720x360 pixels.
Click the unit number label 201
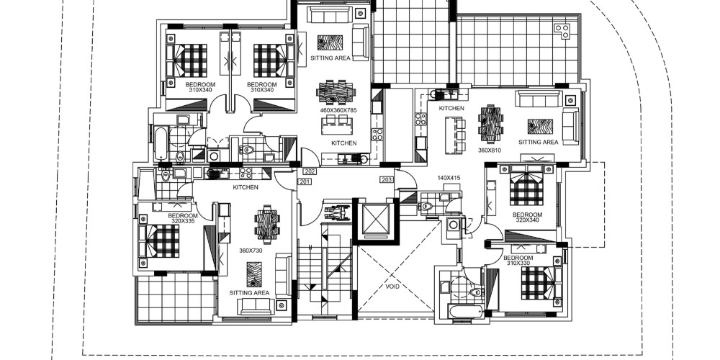pyautogui.click(x=305, y=182)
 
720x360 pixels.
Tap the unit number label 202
pyautogui.click(x=310, y=172)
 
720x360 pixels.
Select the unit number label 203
pyautogui.click(x=386, y=179)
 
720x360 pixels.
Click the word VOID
pyautogui.click(x=392, y=287)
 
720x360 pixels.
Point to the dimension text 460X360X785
pyautogui.click(x=338, y=110)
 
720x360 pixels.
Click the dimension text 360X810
pyautogui.click(x=490, y=150)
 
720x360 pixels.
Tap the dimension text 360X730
pyautogui.click(x=251, y=251)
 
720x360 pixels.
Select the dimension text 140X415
pyautogui.click(x=449, y=178)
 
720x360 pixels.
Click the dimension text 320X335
pyautogui.click(x=183, y=221)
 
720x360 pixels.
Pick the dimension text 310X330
pyautogui.click(x=518, y=263)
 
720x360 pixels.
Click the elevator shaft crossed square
pyautogui.click(x=376, y=219)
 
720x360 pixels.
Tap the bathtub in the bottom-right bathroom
pyautogui.click(x=466, y=311)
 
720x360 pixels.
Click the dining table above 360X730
pyautogui.click(x=267, y=225)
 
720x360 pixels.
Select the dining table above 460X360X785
pyautogui.click(x=336, y=92)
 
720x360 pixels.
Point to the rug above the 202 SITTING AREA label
pyautogui.click(x=330, y=42)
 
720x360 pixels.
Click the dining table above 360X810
pyautogui.click(x=491, y=125)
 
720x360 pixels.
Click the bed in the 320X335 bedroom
pyautogui.click(x=161, y=240)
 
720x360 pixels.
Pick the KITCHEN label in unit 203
pyautogui.click(x=451, y=109)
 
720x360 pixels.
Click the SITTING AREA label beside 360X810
pyautogui.click(x=538, y=143)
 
